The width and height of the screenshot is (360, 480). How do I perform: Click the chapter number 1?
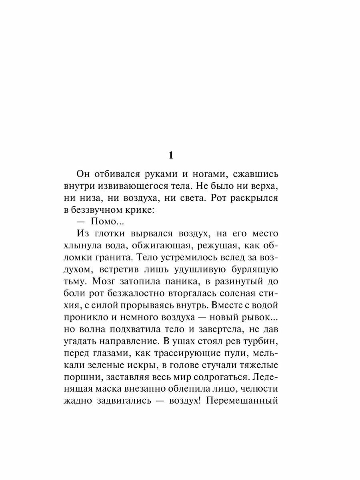point(171,155)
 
